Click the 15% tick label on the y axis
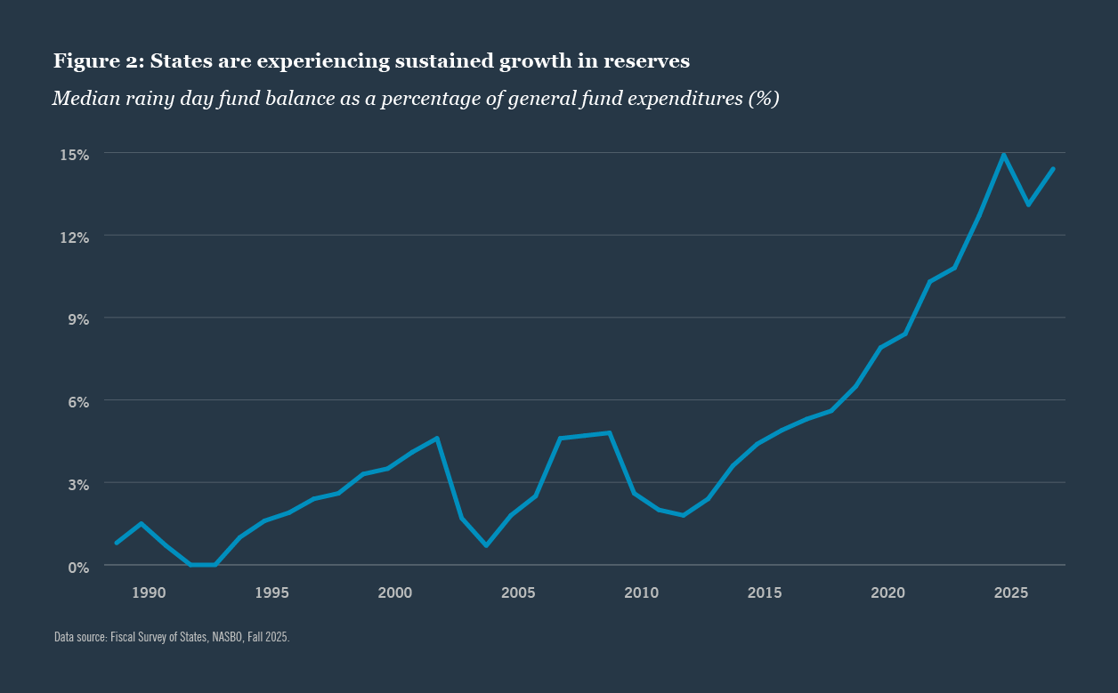click(75, 155)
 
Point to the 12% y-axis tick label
click(75, 238)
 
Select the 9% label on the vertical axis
click(78, 319)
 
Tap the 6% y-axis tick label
click(78, 402)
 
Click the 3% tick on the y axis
click(78, 485)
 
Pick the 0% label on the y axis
click(78, 567)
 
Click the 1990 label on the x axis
click(149, 592)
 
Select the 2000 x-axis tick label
click(394, 592)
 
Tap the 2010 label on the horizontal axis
click(641, 592)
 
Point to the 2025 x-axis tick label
click(1010, 592)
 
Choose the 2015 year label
click(764, 592)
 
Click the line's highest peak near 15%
click(1004, 155)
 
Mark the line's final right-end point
click(1053, 169)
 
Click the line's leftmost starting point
click(117, 543)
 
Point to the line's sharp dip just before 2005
click(486, 545)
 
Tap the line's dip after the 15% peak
click(1028, 205)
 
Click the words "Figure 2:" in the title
click(98, 61)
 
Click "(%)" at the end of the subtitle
click(764, 99)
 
